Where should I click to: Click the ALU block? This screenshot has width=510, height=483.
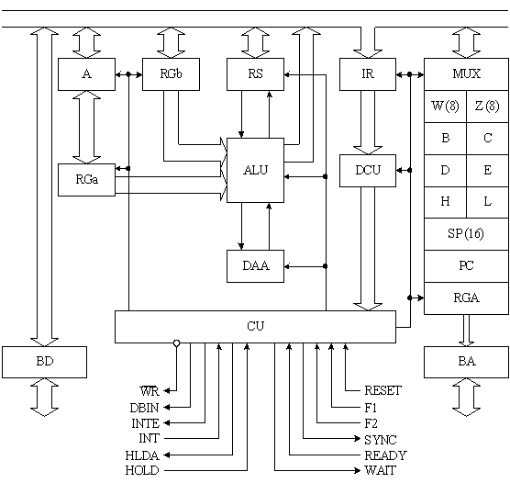255,170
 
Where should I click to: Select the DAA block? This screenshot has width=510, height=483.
255,266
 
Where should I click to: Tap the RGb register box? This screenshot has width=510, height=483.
171,74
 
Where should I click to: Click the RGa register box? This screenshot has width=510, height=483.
86,180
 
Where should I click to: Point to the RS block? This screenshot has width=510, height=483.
255,74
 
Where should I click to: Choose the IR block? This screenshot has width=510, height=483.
368,74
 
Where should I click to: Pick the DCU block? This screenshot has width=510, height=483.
368,171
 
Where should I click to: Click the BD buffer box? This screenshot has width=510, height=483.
45,362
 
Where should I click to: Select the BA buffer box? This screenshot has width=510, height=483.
466,362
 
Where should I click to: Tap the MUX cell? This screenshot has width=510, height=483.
466,74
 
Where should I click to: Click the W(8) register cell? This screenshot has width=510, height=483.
445,107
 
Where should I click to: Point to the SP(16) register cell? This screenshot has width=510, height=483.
466,234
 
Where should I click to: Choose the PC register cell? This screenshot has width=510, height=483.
466,266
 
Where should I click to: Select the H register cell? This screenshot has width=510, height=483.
445,202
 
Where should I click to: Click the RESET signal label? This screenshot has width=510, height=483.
382,390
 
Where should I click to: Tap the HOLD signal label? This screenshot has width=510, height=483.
142,470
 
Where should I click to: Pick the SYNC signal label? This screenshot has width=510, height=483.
381,440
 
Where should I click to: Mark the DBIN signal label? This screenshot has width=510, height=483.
144,408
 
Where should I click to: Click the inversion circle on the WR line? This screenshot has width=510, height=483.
177,343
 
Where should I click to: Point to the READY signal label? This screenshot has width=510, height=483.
386,455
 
